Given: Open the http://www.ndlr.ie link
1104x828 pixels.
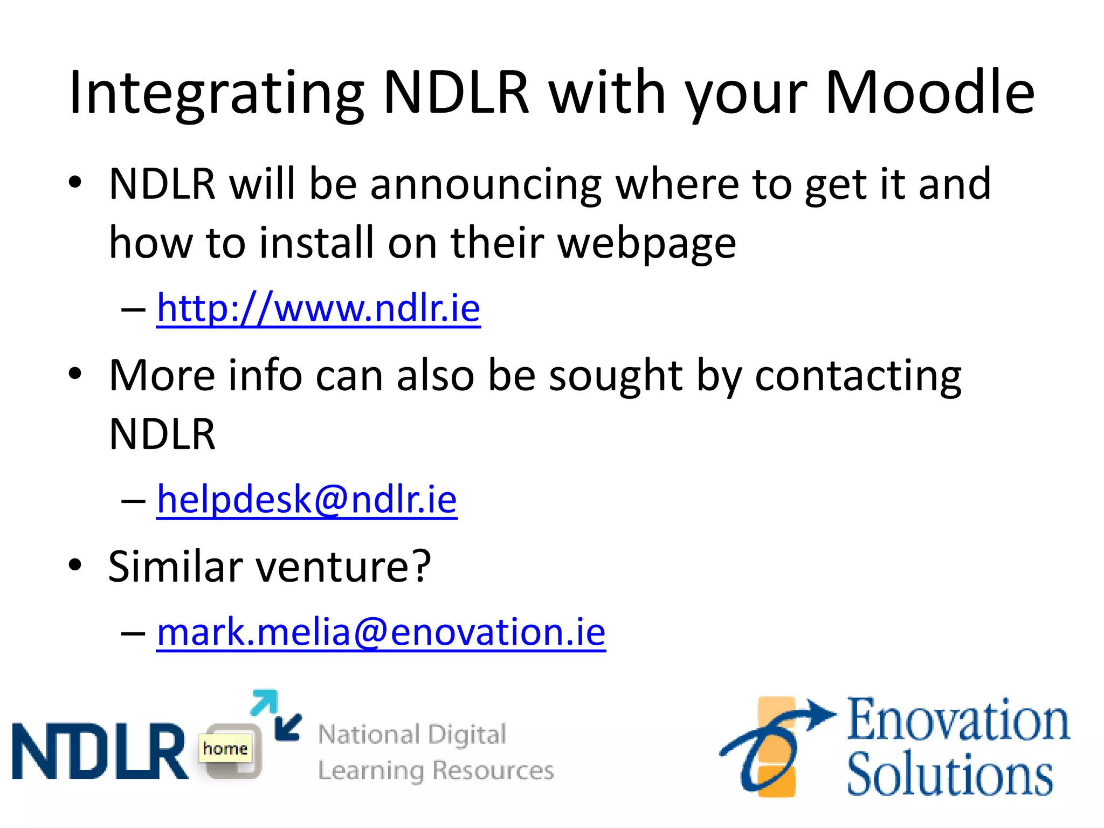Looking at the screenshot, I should coord(318,308).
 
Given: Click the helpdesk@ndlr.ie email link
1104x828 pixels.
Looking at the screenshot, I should coord(307,500).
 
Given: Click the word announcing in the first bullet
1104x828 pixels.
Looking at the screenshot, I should coord(485,184).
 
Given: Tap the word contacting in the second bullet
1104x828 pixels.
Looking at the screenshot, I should coord(858,376).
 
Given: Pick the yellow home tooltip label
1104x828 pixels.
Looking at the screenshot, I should coord(225,748).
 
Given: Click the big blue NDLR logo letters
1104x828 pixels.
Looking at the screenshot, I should coord(100,751).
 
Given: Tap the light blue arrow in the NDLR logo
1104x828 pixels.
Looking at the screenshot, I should coord(265,702).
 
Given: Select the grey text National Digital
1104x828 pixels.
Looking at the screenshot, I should coord(412,734).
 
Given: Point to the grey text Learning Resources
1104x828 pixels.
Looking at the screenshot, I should coord(436,770).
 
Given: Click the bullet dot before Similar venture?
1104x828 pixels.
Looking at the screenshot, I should coord(75,565).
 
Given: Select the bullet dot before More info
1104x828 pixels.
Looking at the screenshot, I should coord(75,374).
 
